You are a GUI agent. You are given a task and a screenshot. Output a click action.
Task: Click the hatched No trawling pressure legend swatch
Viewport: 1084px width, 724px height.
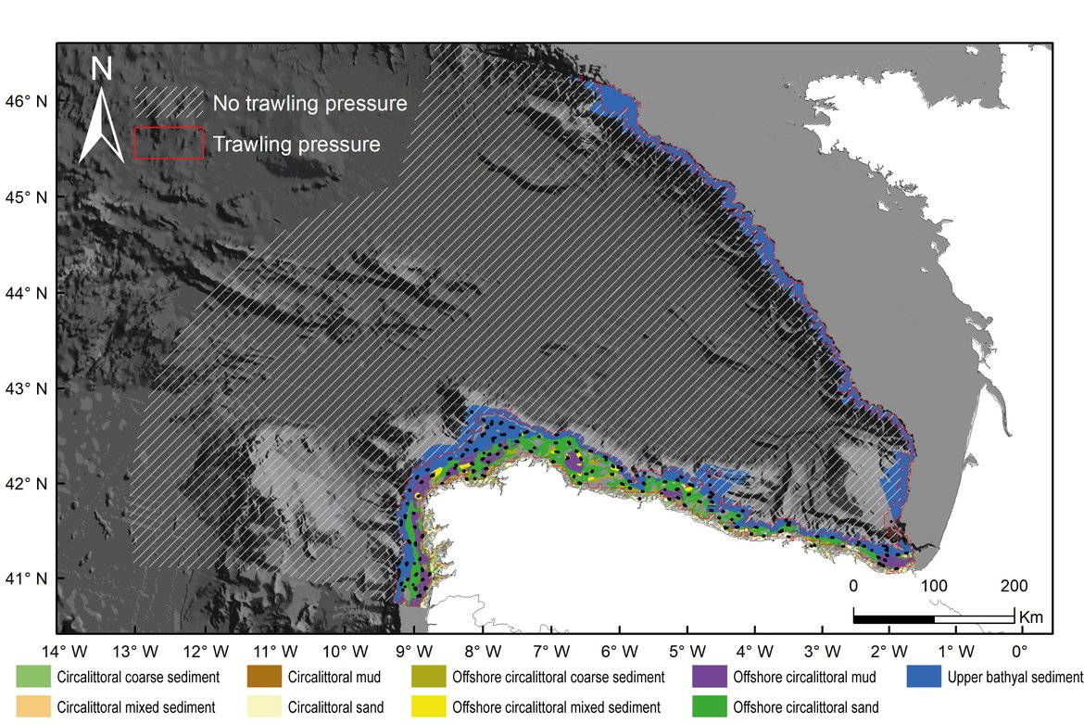click(169, 103)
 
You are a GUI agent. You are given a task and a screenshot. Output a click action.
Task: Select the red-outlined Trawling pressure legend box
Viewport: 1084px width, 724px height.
click(169, 144)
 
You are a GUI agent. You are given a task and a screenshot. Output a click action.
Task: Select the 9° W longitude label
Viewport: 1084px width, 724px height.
click(410, 651)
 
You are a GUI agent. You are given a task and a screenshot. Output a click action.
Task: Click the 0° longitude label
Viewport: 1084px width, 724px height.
click(1020, 651)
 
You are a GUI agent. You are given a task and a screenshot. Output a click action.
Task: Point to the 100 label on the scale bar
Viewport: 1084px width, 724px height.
click(934, 586)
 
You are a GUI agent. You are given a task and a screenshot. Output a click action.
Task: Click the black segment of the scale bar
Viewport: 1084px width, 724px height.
click(893, 617)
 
